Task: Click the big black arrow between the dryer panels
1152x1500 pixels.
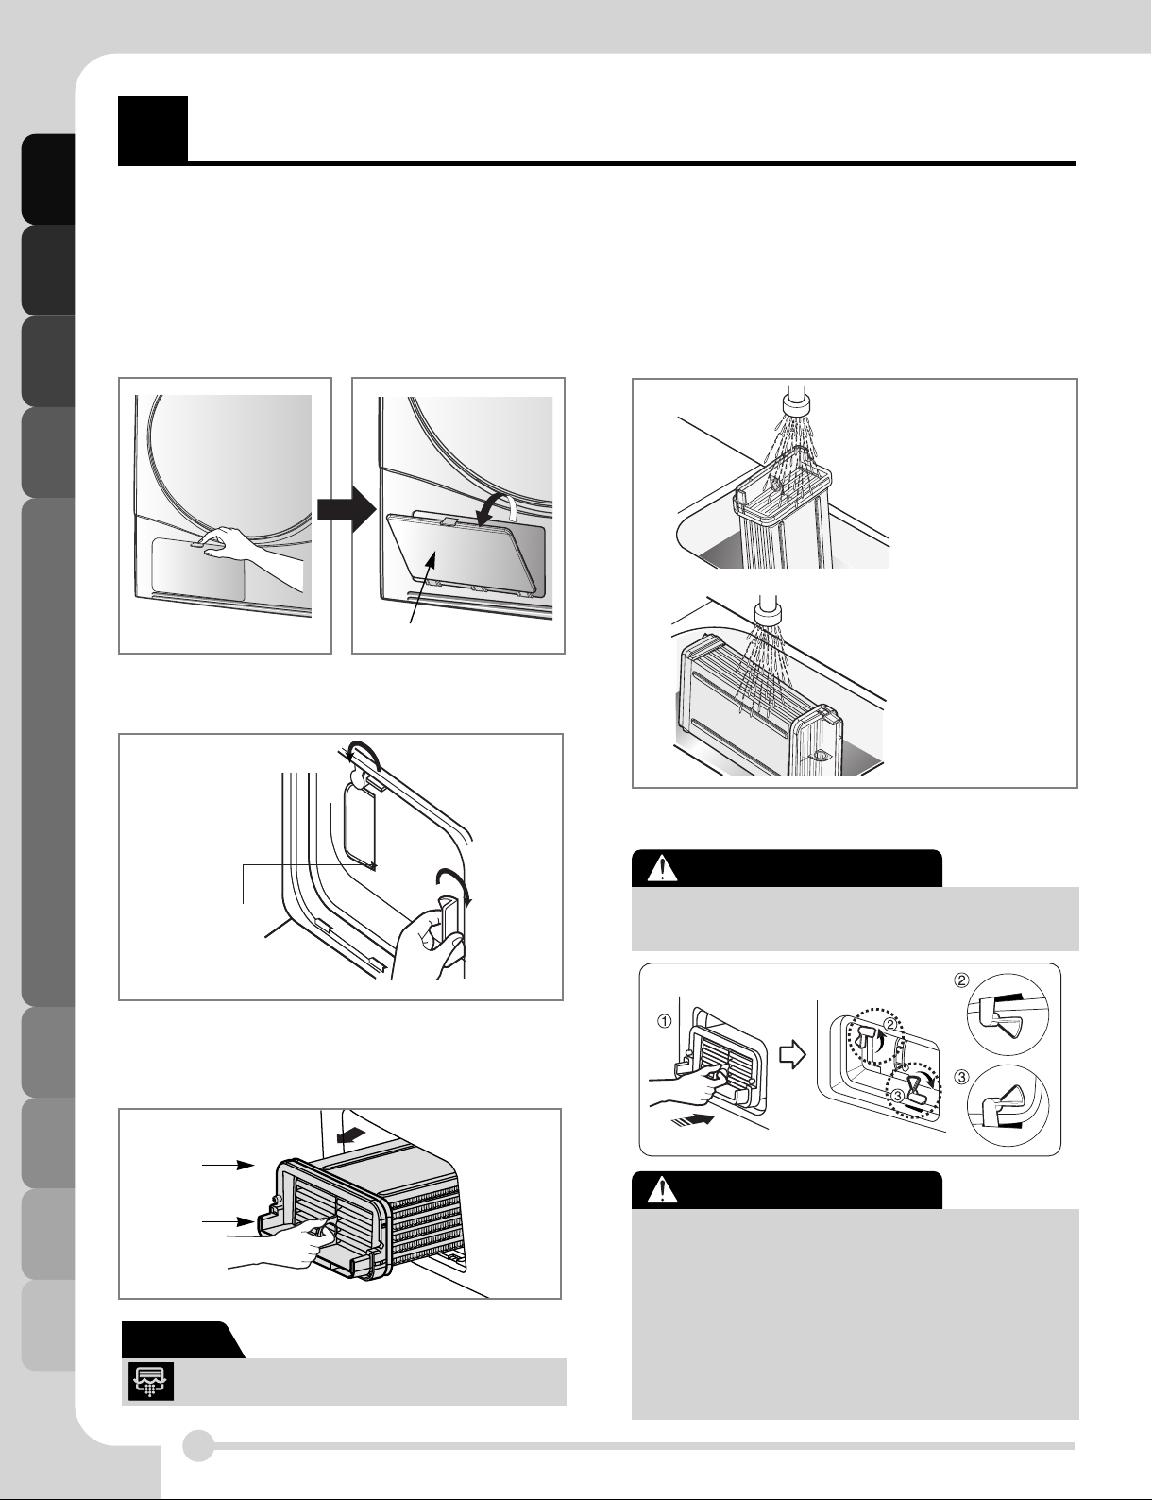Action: pyautogui.click(x=347, y=509)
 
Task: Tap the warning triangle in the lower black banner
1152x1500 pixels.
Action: pyautogui.click(x=662, y=1191)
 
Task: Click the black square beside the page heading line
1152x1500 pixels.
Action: pyautogui.click(x=152, y=129)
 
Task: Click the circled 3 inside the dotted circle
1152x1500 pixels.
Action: pyautogui.click(x=898, y=1095)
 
